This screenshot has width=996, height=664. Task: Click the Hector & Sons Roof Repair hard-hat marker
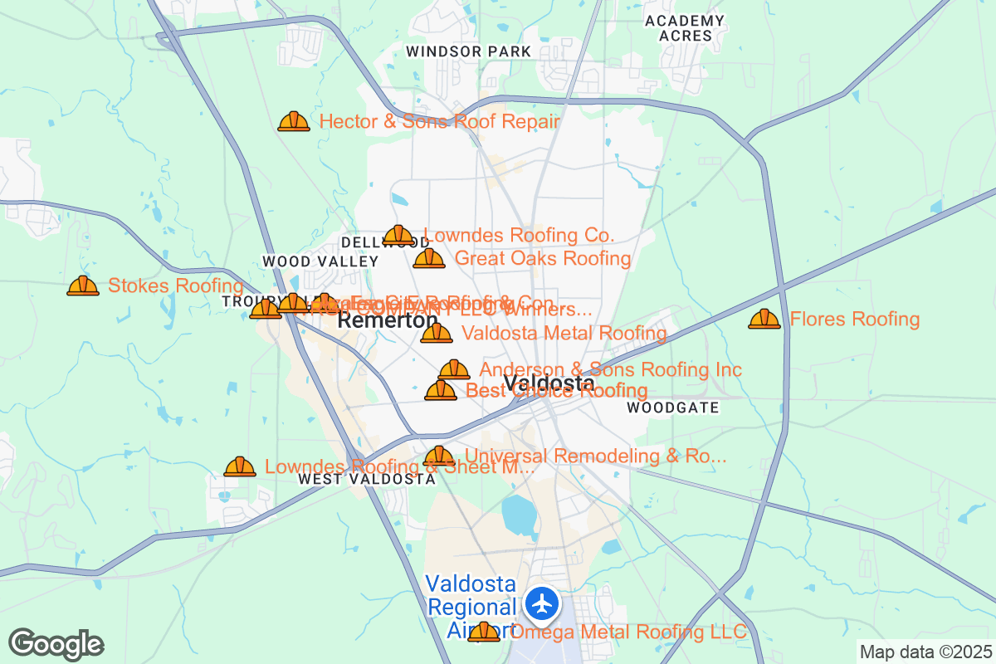point(294,122)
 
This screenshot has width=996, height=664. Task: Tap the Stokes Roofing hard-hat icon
point(83,286)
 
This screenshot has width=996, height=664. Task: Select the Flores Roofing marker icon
point(764,319)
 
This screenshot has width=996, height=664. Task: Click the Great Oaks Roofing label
point(543,258)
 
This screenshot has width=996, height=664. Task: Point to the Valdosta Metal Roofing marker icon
point(437,334)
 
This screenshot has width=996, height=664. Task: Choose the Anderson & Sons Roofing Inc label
point(610,369)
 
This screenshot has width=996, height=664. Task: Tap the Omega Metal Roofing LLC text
point(628,632)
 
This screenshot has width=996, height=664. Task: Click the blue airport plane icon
point(544,603)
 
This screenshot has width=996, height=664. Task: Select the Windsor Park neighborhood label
point(468,51)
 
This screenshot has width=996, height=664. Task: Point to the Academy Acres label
point(684,28)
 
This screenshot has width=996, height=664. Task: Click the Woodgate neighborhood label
point(673,408)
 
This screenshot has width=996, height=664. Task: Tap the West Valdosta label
point(366,479)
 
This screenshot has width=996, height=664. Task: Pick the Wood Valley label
point(320,261)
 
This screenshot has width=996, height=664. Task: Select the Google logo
point(56,644)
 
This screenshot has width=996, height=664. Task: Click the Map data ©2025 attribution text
point(925,652)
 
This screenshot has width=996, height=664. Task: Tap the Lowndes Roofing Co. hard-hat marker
point(398,236)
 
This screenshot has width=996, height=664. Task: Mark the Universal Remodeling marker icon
point(439,456)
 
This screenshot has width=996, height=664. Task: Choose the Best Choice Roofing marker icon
point(441,390)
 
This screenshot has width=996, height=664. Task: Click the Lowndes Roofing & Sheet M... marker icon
point(240,467)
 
